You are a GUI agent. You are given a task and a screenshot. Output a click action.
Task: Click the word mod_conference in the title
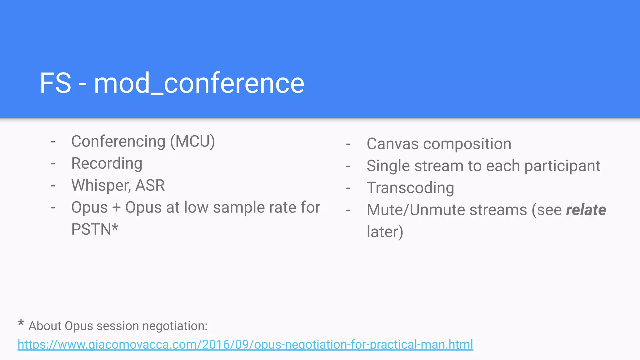(x=199, y=83)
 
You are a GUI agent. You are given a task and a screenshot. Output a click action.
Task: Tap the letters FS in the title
(x=55, y=83)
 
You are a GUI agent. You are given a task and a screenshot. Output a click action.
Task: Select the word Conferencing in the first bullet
(x=118, y=142)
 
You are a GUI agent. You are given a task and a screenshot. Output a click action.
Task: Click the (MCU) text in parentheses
(x=192, y=142)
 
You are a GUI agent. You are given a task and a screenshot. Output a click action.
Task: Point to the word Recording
(x=107, y=163)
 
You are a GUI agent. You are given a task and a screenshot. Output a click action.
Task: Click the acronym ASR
(x=150, y=185)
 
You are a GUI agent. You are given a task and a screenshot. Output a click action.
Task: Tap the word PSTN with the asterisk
(x=95, y=229)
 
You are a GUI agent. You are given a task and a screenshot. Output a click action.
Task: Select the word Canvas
(x=392, y=144)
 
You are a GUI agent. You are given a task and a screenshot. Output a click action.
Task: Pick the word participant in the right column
(x=562, y=166)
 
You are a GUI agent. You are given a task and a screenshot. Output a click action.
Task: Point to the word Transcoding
(x=410, y=188)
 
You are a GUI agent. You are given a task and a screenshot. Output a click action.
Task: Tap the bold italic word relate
(x=586, y=210)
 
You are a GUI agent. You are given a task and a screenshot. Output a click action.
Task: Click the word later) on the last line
(x=385, y=232)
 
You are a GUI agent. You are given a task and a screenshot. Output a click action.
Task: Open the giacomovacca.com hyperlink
(x=245, y=344)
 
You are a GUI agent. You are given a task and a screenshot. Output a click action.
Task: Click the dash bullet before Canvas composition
(x=348, y=144)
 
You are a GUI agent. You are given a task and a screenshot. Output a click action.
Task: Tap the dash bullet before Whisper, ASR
(x=53, y=186)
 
